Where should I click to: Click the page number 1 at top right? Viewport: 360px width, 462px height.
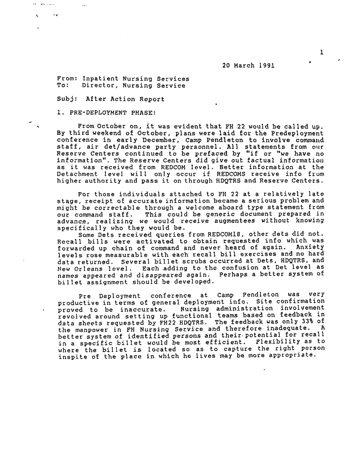[x=322, y=53]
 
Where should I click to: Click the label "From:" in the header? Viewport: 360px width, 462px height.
[x=66, y=79]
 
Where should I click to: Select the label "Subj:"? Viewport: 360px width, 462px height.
[x=66, y=99]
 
